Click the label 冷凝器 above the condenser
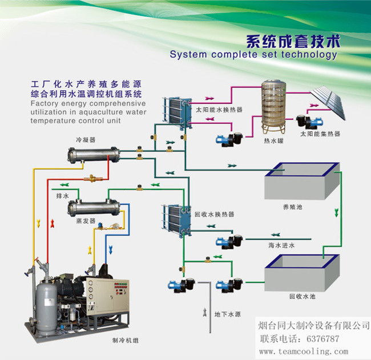(x=86, y=140)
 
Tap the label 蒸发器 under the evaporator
(x=86, y=221)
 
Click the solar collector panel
(x=328, y=103)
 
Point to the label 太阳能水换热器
(x=219, y=110)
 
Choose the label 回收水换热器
(x=215, y=215)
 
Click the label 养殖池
(x=293, y=207)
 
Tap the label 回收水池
(x=302, y=296)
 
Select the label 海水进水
(x=281, y=245)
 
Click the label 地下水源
(x=227, y=314)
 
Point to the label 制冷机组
(x=125, y=341)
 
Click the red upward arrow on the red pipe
(x=53, y=224)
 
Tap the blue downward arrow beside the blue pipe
(x=111, y=250)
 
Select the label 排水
(x=62, y=196)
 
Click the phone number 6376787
(x=322, y=339)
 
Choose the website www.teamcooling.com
(x=304, y=351)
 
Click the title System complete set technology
(x=253, y=55)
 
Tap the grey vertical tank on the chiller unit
(x=46, y=308)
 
